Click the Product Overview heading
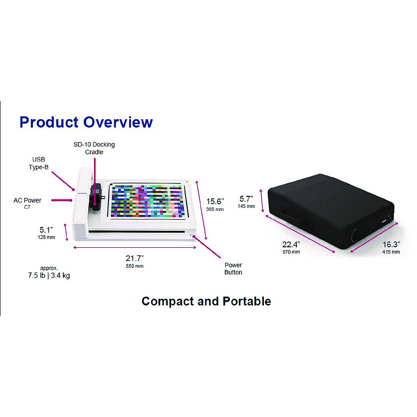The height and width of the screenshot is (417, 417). [x=86, y=122]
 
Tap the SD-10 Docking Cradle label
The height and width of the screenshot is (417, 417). [x=94, y=148]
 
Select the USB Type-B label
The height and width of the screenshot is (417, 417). [x=39, y=163]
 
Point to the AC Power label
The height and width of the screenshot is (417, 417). [x=27, y=200]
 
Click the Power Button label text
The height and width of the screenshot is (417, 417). [x=233, y=269]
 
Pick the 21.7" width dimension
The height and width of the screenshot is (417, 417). [x=134, y=258]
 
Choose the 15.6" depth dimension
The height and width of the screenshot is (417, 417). [x=215, y=201]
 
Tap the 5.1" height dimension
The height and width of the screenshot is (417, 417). [x=46, y=230]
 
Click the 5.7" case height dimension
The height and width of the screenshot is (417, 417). [x=246, y=199]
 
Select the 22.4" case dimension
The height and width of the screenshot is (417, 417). [x=291, y=244]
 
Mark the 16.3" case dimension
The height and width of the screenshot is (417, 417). [x=391, y=244]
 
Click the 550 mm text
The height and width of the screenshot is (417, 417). [x=134, y=266]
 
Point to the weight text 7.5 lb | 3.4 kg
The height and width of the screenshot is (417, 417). [x=49, y=275]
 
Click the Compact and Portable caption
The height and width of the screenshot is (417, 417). [x=207, y=301]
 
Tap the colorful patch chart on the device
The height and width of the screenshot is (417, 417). [x=148, y=201]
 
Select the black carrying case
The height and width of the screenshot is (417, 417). [x=331, y=212]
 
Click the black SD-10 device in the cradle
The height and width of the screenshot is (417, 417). [x=96, y=197]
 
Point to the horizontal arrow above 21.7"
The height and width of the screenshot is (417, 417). [x=134, y=248]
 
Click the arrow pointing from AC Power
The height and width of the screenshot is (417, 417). [x=62, y=200]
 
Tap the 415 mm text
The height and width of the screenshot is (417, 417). [x=391, y=252]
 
